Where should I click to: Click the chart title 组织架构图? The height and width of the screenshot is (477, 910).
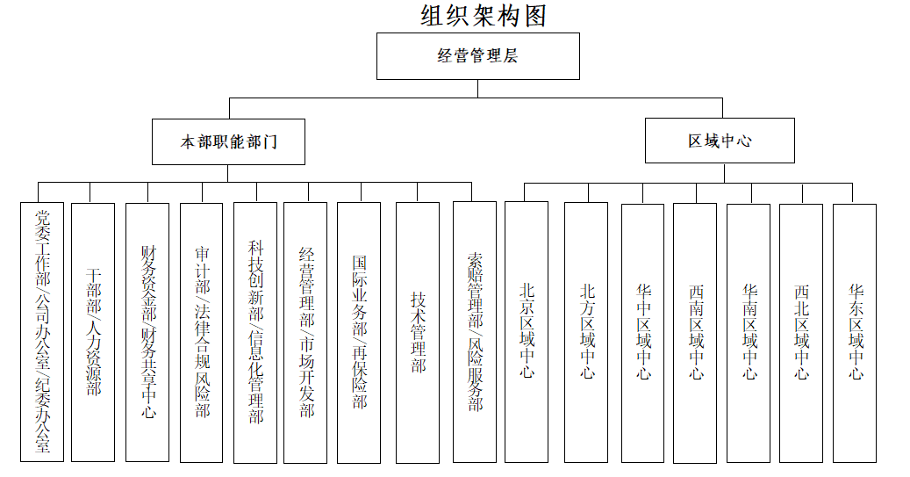pyautogui.click(x=484, y=16)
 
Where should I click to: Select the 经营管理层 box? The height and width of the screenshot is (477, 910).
pyautogui.click(x=478, y=55)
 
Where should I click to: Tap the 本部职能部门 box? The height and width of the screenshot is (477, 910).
pyautogui.click(x=229, y=141)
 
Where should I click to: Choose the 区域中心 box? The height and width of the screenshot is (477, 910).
pyautogui.click(x=720, y=141)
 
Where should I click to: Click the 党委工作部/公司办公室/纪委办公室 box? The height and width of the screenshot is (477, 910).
pyautogui.click(x=42, y=332)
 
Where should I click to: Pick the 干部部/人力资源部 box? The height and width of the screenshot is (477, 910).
pyautogui.click(x=93, y=332)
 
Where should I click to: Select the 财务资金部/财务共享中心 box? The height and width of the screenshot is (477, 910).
pyautogui.click(x=147, y=332)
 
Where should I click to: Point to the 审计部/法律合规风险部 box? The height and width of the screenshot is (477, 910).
pyautogui.click(x=201, y=333)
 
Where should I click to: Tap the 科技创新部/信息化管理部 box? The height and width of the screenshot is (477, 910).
pyautogui.click(x=255, y=333)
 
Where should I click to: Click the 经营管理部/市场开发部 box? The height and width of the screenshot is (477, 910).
pyautogui.click(x=305, y=333)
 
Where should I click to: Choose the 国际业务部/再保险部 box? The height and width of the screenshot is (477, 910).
pyautogui.click(x=359, y=333)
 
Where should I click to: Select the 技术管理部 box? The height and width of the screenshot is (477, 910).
pyautogui.click(x=418, y=333)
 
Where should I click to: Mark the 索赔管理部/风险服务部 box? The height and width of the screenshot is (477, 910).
pyautogui.click(x=475, y=332)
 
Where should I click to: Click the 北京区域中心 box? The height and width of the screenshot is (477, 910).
pyautogui.click(x=527, y=332)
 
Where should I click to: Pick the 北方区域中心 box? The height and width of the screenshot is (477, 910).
pyautogui.click(x=586, y=332)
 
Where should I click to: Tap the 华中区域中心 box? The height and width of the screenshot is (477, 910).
pyautogui.click(x=643, y=334)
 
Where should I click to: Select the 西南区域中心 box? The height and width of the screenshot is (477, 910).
pyautogui.click(x=695, y=334)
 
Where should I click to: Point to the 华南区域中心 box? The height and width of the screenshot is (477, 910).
pyautogui.click(x=749, y=334)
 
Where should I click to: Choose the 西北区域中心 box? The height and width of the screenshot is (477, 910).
pyautogui.click(x=801, y=334)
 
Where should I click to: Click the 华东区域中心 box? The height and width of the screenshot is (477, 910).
pyautogui.click(x=855, y=334)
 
